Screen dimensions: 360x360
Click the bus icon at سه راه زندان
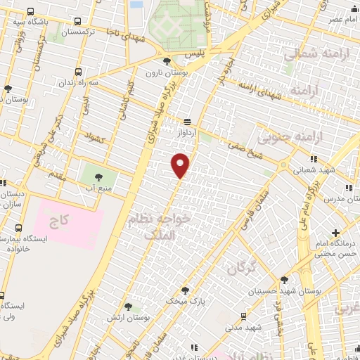(78, 72)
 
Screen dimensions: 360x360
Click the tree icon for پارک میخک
(186, 290)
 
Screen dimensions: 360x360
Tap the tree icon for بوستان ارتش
(128, 307)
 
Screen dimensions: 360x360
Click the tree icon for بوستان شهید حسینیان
(284, 280)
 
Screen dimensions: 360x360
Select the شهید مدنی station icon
(243, 316)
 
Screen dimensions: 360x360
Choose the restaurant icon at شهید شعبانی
(314, 159)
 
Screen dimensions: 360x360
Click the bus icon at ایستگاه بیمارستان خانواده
(19, 228)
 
